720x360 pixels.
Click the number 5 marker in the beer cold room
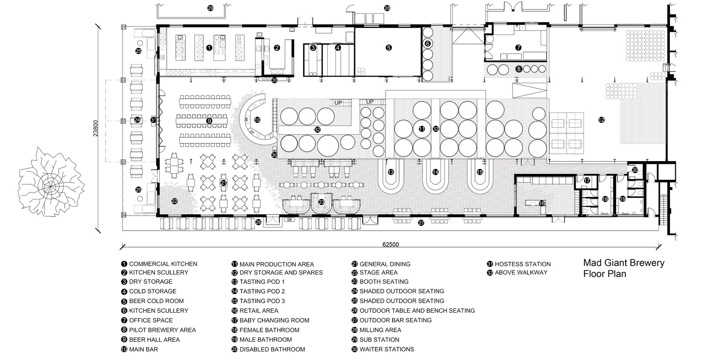coord(389,48)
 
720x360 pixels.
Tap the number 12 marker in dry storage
coord(601,120)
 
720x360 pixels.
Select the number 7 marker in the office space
coord(518,48)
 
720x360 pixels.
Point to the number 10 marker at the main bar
coord(257,120)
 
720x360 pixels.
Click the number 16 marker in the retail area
coord(542,203)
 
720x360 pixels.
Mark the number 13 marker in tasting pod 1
coord(391,172)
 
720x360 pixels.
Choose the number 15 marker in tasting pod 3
coord(480,172)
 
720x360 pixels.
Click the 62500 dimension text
coord(390,244)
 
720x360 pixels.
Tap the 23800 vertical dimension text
coord(96,128)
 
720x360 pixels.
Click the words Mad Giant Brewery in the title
coord(624,263)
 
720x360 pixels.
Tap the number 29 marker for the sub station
coord(210,8)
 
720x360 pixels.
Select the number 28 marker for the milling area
coord(387,8)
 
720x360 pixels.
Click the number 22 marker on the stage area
coord(174,201)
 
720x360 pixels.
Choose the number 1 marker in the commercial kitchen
coord(209,48)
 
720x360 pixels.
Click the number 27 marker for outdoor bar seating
coord(421,223)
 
